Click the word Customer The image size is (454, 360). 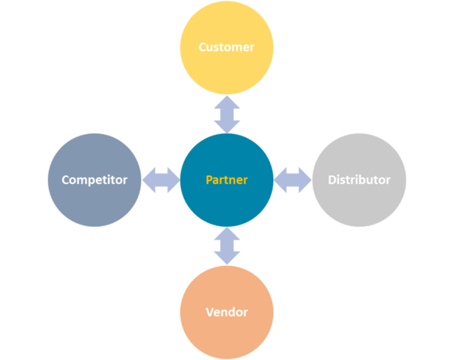tap(226, 47)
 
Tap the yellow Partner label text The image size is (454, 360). tap(227, 180)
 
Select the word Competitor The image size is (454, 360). tap(94, 180)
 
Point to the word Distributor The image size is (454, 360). tap(359, 180)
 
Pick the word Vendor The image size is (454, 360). tap(227, 312)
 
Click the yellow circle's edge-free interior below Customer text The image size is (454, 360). tap(227, 73)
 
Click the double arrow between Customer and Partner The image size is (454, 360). tap(227, 115)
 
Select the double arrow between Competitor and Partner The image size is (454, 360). tap(161, 180)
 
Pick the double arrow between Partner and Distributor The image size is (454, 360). tap(293, 180)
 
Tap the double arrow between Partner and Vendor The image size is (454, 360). tap(227, 246)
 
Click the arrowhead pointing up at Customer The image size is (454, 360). tap(227, 102)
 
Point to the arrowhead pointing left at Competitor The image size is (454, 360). tap(149, 180)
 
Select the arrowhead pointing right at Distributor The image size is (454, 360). tap(305, 180)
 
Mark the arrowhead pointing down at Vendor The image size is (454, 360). tap(227, 258)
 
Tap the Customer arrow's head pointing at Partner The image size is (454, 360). tap(227, 126)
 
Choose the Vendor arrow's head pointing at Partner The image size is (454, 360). tap(227, 234)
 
